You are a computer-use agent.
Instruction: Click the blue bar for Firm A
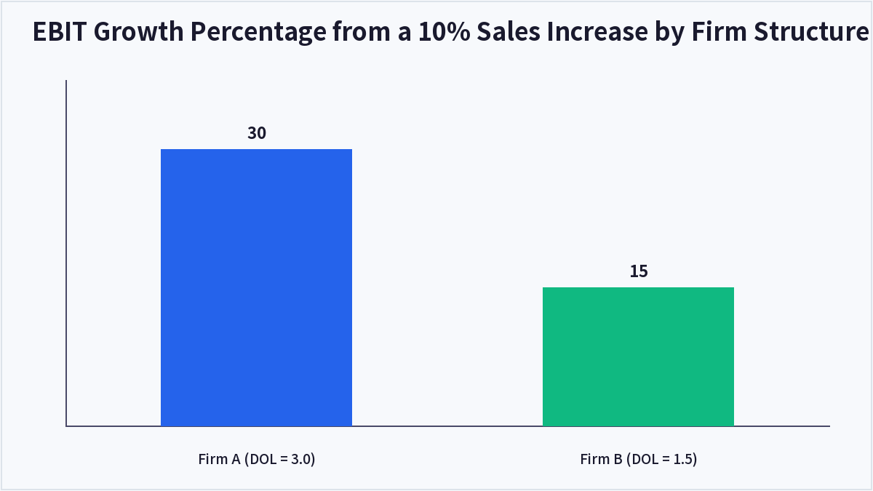coord(256,287)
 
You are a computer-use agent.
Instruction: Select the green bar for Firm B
coord(639,356)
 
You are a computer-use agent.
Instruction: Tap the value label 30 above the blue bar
coord(257,133)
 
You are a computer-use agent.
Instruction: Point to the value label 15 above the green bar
coord(639,271)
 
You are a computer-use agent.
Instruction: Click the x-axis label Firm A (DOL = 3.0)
coord(256,459)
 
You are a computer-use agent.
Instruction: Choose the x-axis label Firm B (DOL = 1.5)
coord(639,459)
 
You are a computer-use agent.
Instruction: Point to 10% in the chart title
coord(445,31)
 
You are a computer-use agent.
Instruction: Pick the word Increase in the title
coord(597,31)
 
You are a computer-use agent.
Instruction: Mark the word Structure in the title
coord(811,31)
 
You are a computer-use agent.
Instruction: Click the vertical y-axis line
coord(66,253)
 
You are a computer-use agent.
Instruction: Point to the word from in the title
coord(362,31)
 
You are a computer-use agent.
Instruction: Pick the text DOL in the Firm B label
coord(645,459)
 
